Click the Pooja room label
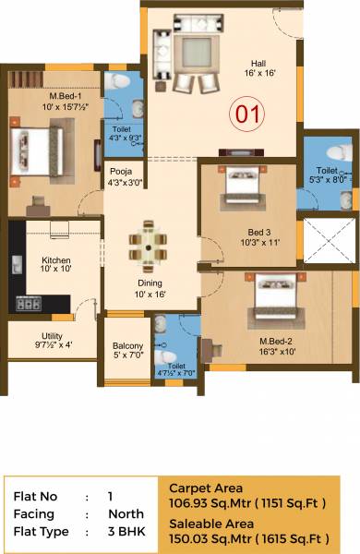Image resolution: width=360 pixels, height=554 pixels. [121, 171]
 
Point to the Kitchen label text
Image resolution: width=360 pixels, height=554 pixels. [54, 260]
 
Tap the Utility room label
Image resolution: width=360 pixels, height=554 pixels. [52, 336]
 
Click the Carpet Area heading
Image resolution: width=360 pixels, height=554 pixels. [206, 488]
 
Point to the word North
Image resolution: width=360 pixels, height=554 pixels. [125, 514]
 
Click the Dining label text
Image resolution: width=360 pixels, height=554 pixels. [150, 283]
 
